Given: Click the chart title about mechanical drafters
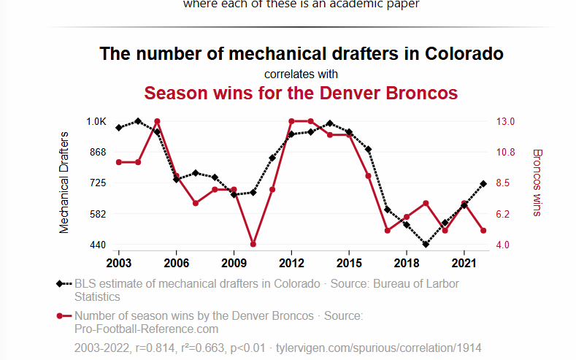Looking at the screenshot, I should click(x=301, y=54).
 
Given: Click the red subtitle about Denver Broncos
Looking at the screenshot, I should click(x=301, y=93).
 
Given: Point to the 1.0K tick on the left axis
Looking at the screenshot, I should click(x=96, y=121).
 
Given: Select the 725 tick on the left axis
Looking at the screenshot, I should click(x=98, y=183).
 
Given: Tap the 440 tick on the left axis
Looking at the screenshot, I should click(x=98, y=245).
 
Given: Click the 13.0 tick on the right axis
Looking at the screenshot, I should click(x=507, y=121).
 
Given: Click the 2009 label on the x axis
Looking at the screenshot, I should click(x=234, y=262).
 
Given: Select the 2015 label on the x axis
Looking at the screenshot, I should click(x=349, y=262).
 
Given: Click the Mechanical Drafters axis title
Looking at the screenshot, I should click(x=64, y=183).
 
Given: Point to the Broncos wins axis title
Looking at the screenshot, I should click(x=538, y=183).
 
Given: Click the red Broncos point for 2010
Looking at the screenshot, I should click(x=253, y=244).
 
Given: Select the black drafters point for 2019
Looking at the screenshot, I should click(x=426, y=245).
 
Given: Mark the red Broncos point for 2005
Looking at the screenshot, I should click(x=157, y=121).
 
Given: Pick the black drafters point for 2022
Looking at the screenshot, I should click(x=483, y=184).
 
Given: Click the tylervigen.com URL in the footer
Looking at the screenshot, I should click(x=378, y=348).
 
